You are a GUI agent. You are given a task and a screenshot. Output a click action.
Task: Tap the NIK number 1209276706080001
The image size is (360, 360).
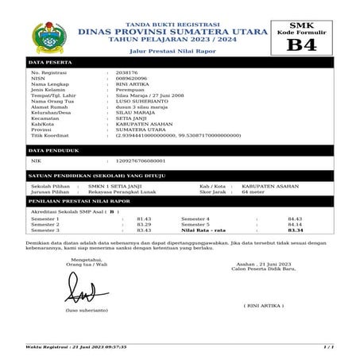143,161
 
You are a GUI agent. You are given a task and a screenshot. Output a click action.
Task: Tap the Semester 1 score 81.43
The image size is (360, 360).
144,219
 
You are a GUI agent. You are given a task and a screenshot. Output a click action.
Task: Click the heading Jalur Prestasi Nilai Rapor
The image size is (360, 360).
162,49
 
